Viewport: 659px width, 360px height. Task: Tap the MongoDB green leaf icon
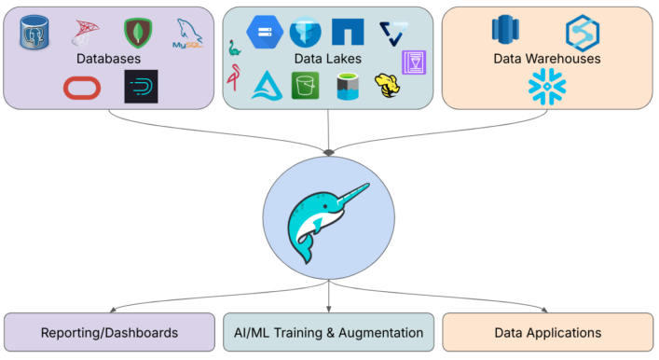(x=139, y=33)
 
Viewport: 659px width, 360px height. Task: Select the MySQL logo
(x=189, y=35)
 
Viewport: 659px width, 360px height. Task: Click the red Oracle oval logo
(x=81, y=87)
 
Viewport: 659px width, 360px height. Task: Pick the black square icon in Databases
(x=141, y=87)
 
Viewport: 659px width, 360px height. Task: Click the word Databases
(x=109, y=59)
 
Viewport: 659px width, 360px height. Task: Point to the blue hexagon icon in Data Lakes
(x=264, y=34)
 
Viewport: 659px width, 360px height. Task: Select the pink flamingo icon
(x=232, y=81)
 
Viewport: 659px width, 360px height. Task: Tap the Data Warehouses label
(x=546, y=59)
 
